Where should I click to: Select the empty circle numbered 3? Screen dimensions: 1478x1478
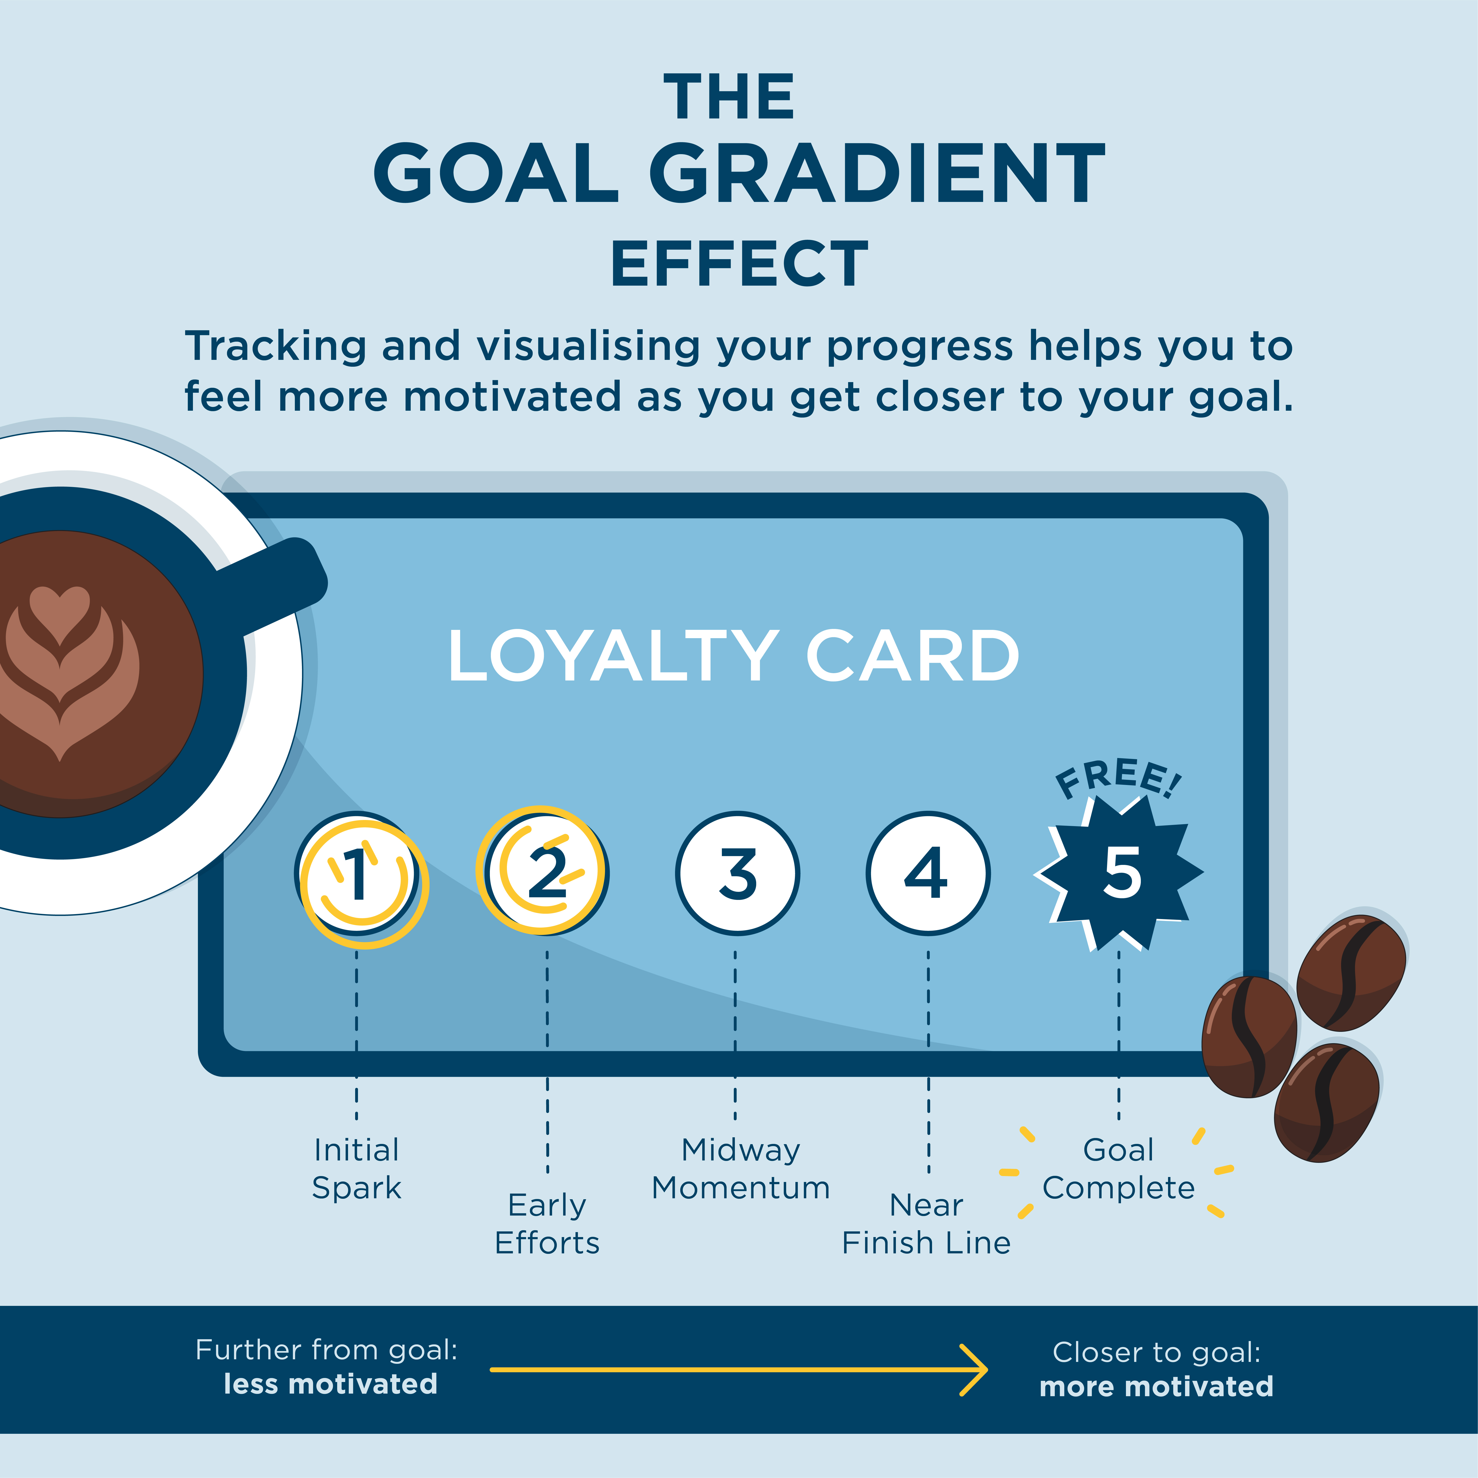[x=737, y=873]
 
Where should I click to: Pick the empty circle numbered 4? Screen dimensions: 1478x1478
[x=928, y=873]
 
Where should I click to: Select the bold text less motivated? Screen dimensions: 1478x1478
[x=331, y=1384]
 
